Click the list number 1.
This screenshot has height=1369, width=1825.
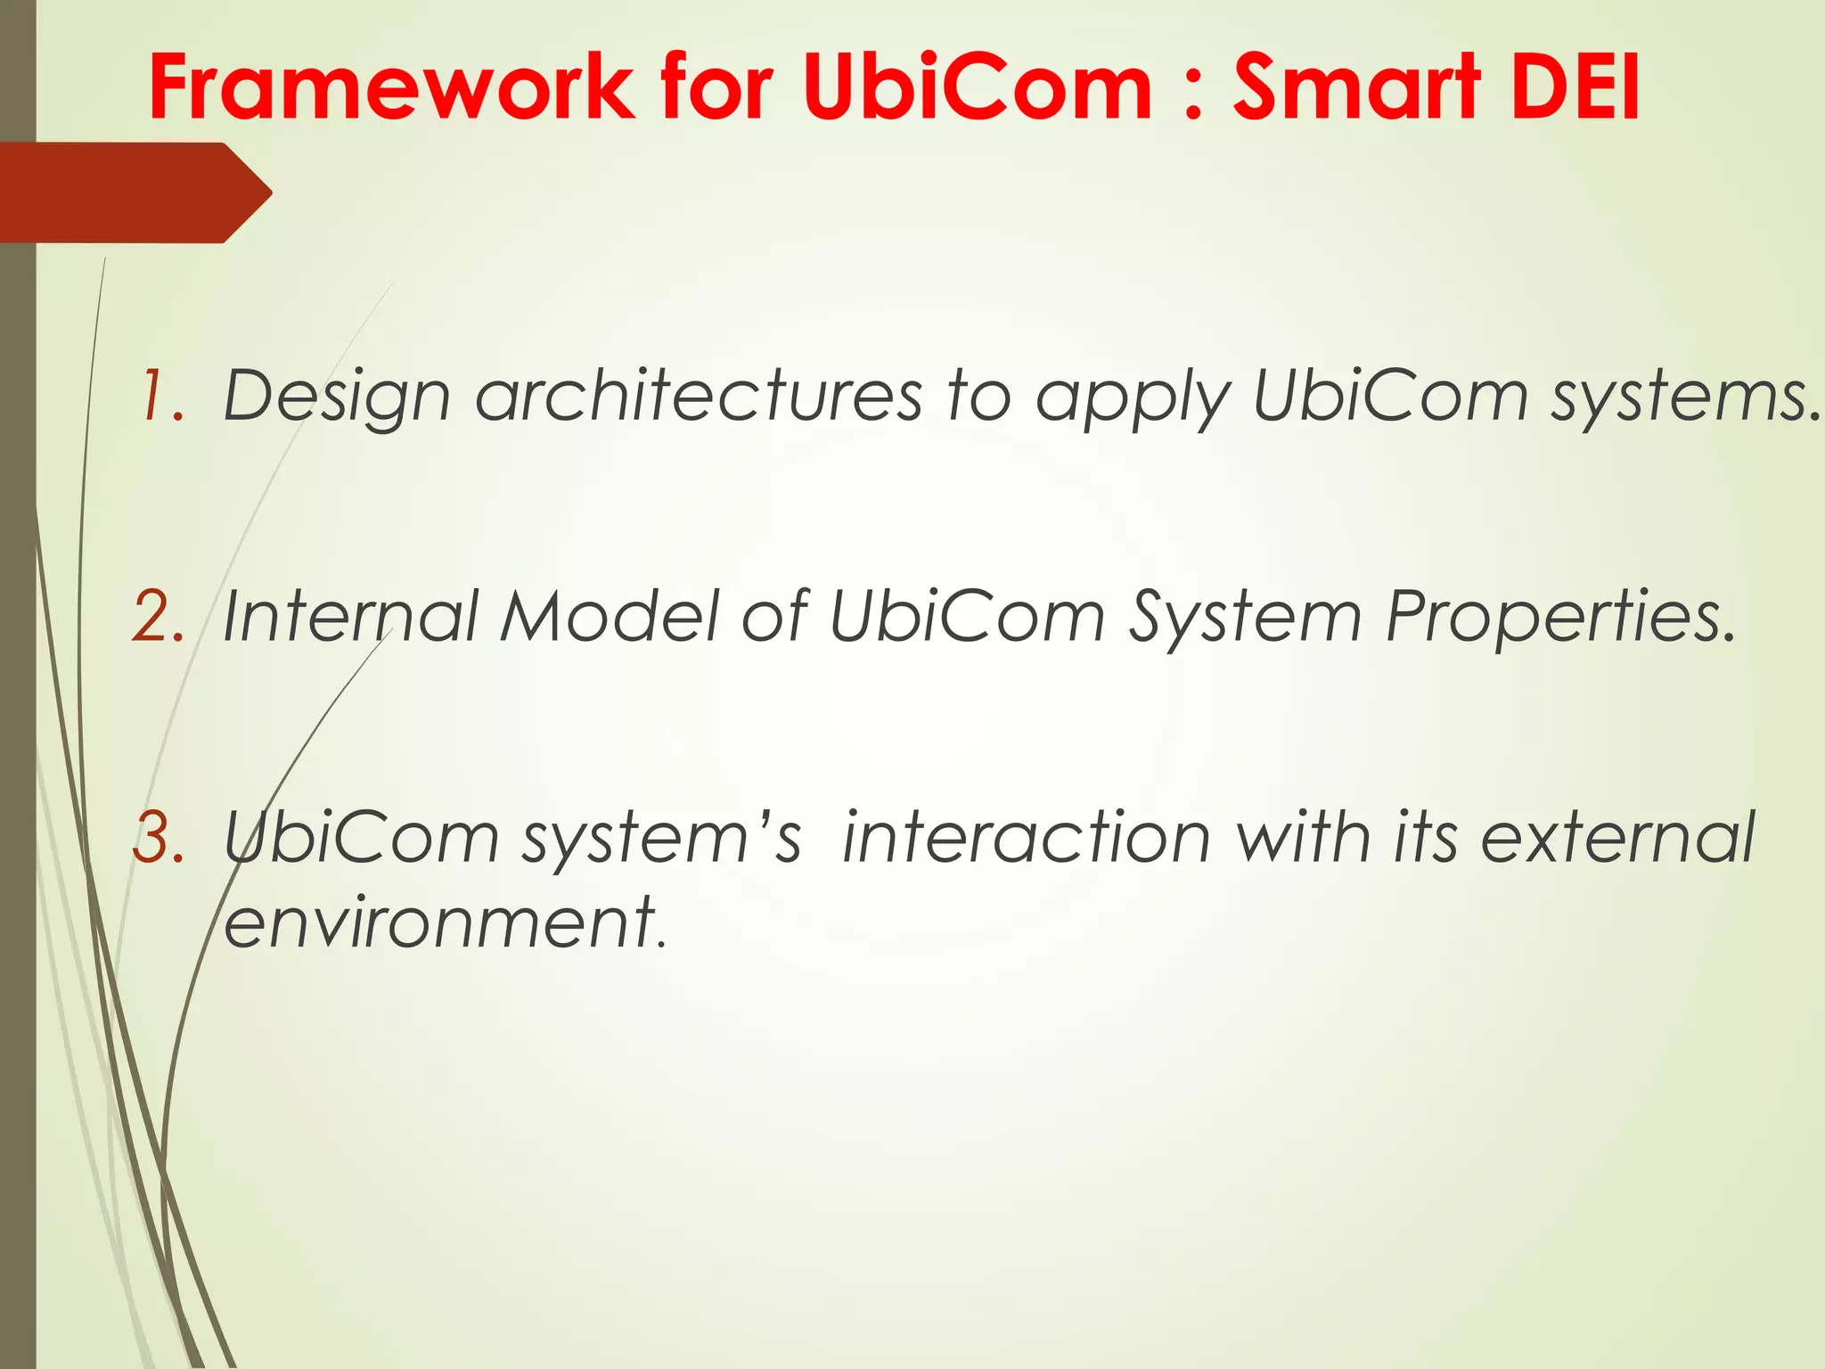(160, 396)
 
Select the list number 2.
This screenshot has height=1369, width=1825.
(159, 617)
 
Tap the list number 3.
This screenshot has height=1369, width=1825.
(159, 838)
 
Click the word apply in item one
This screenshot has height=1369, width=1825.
(1132, 398)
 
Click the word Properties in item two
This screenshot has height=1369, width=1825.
(1560, 617)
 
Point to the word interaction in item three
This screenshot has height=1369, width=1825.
(1026, 838)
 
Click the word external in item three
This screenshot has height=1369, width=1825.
(1617, 838)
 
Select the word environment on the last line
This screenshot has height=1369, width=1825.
(442, 923)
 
